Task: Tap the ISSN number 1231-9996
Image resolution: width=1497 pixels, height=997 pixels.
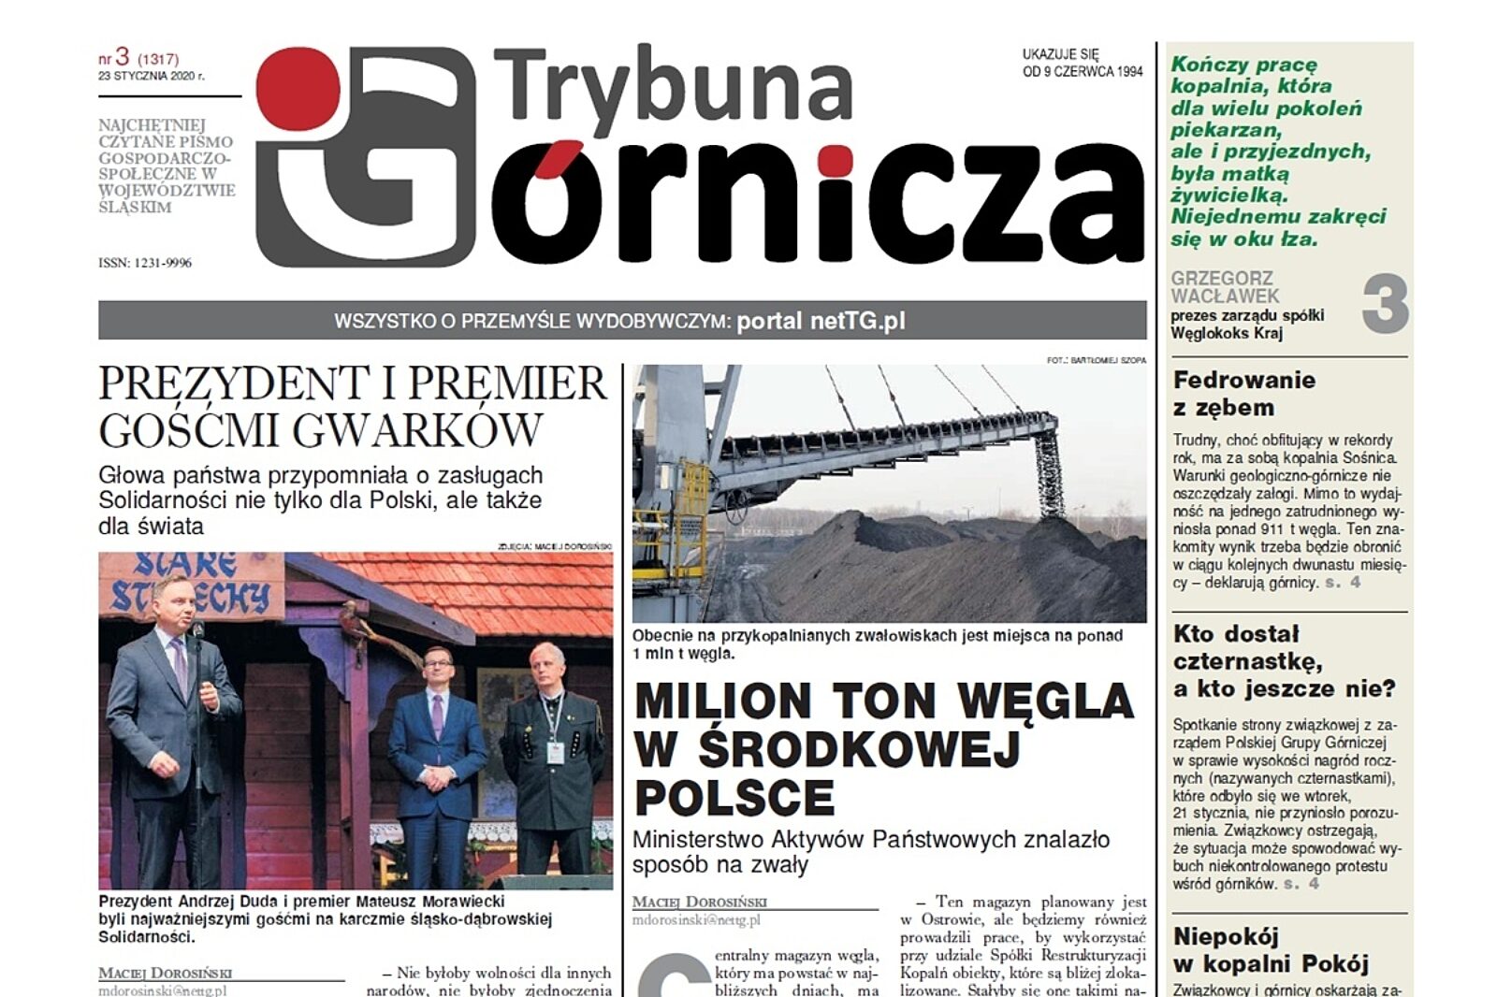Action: point(145,263)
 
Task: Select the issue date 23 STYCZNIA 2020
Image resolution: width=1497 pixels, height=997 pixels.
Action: point(151,77)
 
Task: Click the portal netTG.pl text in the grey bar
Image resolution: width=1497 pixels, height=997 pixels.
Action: point(821,321)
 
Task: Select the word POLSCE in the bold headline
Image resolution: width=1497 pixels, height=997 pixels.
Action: point(734,797)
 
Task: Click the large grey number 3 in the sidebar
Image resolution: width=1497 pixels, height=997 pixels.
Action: point(1385,303)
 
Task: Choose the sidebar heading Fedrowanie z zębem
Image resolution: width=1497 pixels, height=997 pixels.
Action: point(1243,394)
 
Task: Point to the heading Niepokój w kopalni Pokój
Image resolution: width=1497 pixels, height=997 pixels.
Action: point(1270,949)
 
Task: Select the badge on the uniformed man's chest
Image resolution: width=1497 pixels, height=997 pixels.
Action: point(555,750)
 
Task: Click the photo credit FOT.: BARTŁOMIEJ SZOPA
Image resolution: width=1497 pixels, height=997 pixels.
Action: point(1096,359)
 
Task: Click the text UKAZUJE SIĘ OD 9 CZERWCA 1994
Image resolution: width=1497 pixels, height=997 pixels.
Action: point(1082,63)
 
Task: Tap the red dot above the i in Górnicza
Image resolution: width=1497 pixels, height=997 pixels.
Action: point(835,162)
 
